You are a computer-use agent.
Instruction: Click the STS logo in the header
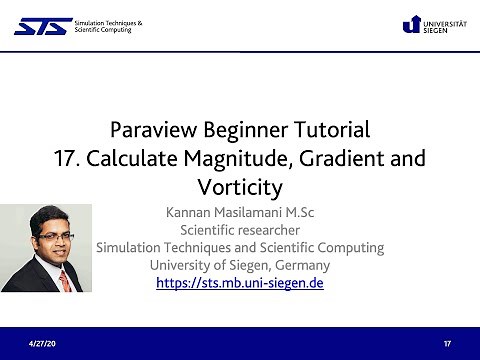click(42, 25)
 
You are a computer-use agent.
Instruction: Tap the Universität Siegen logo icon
click(410, 24)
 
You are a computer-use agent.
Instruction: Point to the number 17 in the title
click(66, 158)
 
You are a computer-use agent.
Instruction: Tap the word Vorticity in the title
click(240, 187)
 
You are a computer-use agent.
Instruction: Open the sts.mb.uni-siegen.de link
click(239, 283)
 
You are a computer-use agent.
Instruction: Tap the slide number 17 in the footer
click(447, 343)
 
